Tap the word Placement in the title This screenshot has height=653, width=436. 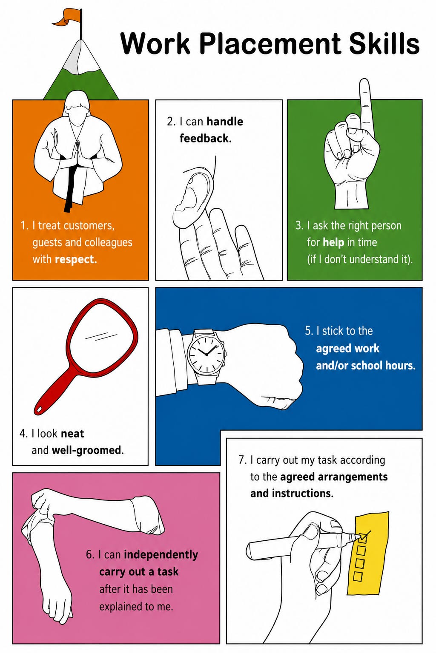click(x=270, y=44)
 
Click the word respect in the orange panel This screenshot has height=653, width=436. click(x=76, y=259)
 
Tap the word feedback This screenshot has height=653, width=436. click(x=205, y=138)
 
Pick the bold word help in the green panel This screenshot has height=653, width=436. click(x=333, y=242)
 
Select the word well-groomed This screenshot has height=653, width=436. click(x=86, y=450)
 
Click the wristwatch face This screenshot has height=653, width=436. click(x=206, y=353)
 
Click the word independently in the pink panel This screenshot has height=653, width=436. click(x=161, y=554)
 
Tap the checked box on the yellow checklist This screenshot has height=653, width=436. click(x=362, y=537)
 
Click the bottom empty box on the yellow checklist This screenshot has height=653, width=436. click(x=358, y=576)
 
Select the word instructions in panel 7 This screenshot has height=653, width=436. click(x=303, y=493)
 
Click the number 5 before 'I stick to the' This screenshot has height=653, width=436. click(x=308, y=331)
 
